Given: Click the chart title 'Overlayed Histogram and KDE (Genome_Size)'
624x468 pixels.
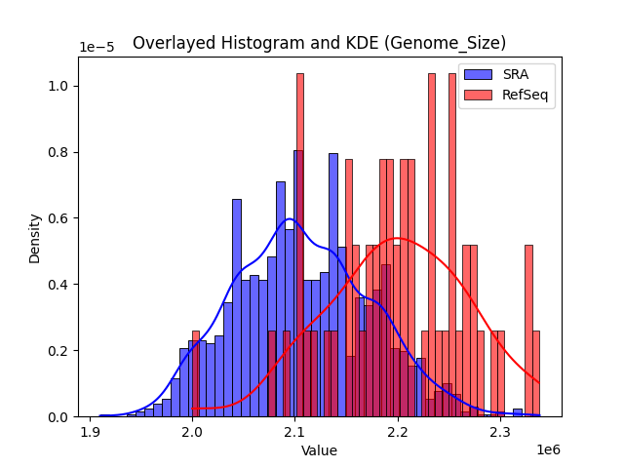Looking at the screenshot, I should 319,43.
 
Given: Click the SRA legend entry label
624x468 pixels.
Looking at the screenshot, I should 516,74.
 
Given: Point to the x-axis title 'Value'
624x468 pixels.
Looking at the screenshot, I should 319,450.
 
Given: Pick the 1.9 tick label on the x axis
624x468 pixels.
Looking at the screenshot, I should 91,431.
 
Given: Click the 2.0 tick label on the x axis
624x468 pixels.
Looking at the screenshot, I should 193,431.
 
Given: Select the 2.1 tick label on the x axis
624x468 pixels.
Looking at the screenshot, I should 295,431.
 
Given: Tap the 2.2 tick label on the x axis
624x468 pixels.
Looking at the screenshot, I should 398,431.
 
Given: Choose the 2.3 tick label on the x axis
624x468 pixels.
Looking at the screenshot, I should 500,431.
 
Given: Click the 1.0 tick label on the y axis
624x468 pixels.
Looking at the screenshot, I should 58,86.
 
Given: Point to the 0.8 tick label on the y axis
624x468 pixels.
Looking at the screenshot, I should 58,152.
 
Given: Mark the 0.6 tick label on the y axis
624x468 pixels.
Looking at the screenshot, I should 58,218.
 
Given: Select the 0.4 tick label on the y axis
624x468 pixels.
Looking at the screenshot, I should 58,285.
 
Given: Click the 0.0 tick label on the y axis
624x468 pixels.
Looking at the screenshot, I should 58,417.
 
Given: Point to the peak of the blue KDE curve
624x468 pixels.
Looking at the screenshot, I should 289,218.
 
